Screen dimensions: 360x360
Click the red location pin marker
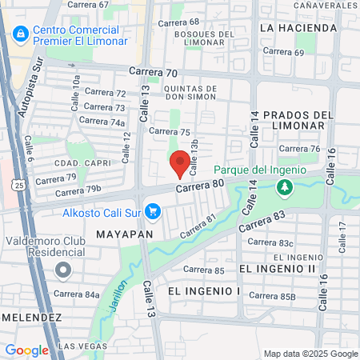tap(180, 163)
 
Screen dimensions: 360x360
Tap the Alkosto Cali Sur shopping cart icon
tap(154, 212)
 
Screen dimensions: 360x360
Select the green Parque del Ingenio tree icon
tap(283, 187)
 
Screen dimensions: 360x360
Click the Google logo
tap(26, 350)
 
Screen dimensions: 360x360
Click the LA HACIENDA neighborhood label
tap(298, 28)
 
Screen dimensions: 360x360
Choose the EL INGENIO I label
tap(204, 290)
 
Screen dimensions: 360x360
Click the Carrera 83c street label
tap(298, 242)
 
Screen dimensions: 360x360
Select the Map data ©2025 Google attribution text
tap(311, 354)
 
